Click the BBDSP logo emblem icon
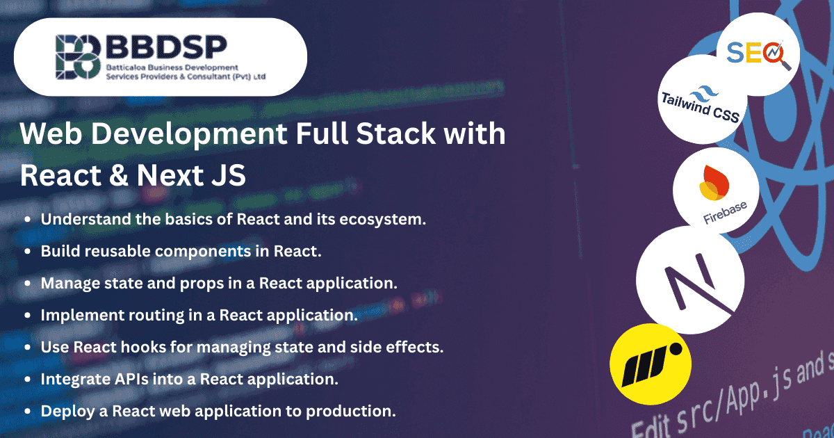(x=79, y=57)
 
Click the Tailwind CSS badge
(x=699, y=106)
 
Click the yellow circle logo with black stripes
(x=650, y=364)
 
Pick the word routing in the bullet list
(x=152, y=315)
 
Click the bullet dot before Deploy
(x=27, y=411)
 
